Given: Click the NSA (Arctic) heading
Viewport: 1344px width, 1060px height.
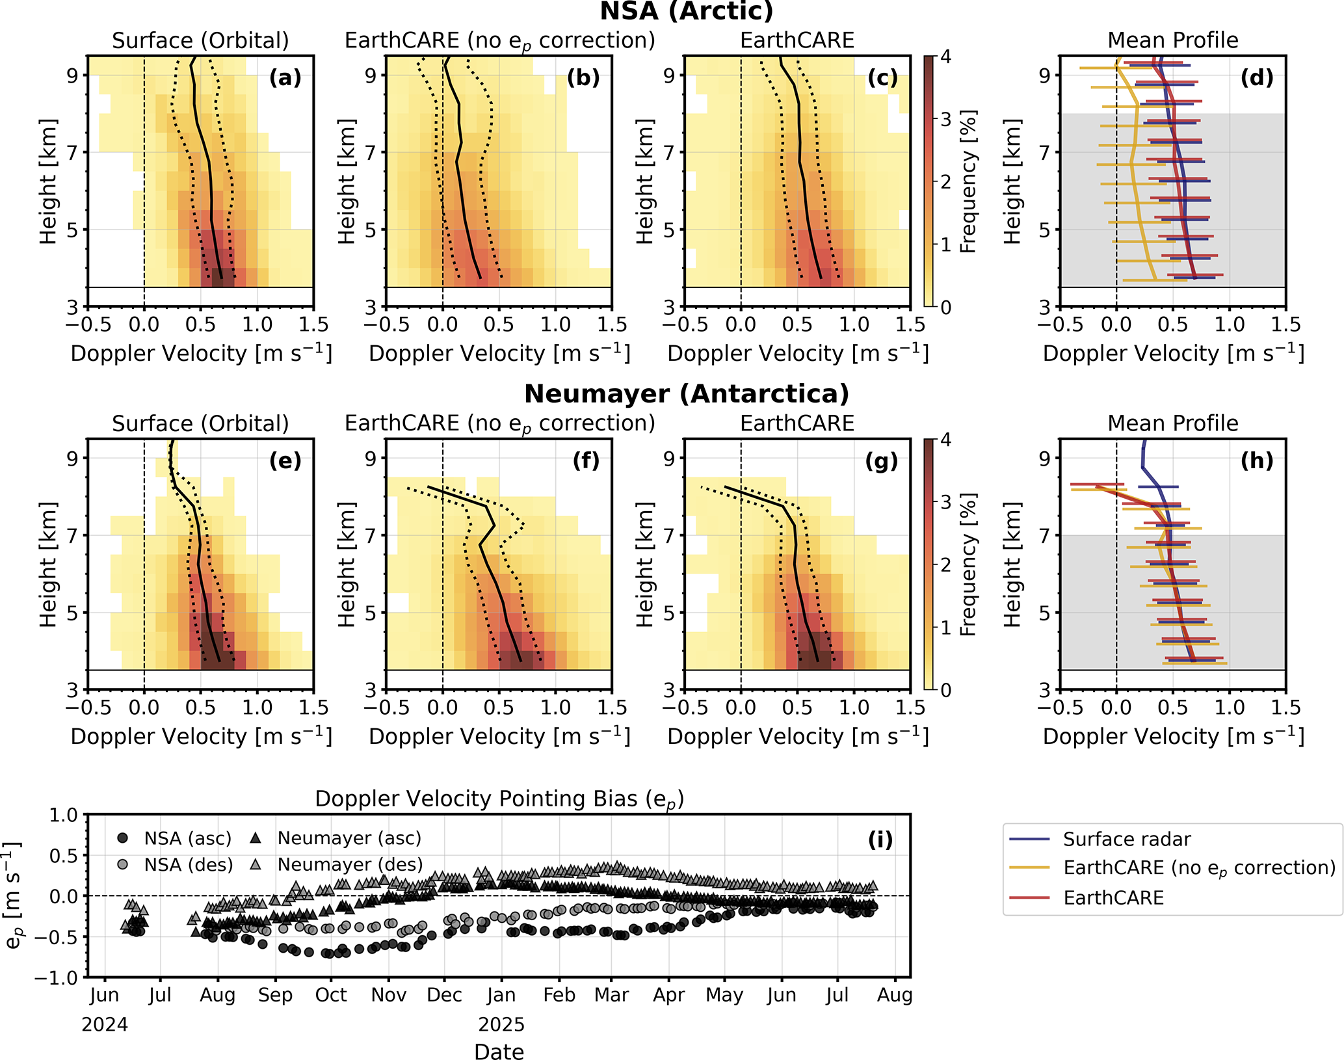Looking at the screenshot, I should click(x=686, y=11).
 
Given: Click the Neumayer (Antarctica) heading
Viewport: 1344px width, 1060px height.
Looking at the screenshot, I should click(x=686, y=394).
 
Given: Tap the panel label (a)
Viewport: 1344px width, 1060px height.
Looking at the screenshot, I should click(x=285, y=78).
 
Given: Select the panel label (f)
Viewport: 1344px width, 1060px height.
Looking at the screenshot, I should click(x=585, y=461).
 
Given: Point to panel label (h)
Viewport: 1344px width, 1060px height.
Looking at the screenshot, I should click(x=1256, y=461).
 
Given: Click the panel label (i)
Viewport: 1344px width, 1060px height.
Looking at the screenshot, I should click(x=880, y=840).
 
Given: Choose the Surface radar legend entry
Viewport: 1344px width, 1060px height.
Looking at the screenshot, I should click(x=1126, y=840).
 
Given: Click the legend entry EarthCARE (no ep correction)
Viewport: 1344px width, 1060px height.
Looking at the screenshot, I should click(x=1199, y=868).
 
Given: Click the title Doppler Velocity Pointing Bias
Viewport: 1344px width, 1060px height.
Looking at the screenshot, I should click(x=499, y=799).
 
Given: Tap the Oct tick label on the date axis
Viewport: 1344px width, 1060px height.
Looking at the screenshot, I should click(x=331, y=995).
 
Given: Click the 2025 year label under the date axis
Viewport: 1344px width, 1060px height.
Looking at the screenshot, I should click(x=501, y=1025).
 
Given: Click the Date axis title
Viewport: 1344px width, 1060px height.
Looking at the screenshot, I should click(x=499, y=1052).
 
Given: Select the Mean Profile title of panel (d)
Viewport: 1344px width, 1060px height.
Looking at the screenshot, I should click(x=1172, y=40).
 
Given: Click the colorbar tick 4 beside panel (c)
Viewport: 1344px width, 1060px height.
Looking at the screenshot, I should click(x=945, y=57).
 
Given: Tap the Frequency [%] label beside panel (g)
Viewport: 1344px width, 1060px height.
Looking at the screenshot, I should click(x=968, y=564).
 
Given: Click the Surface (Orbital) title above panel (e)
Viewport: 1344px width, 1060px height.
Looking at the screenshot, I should click(x=200, y=423).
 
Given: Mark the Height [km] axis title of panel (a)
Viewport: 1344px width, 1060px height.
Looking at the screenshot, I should click(x=48, y=181).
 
